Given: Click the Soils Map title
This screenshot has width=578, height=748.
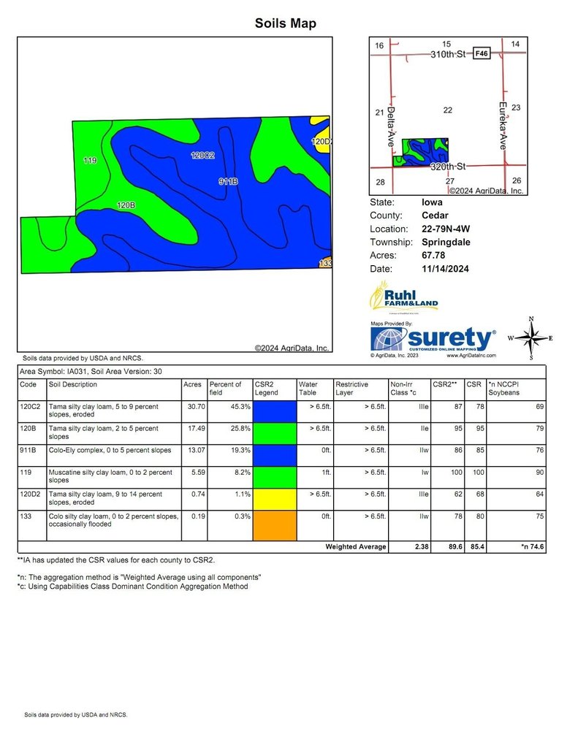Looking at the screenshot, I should click(x=285, y=23).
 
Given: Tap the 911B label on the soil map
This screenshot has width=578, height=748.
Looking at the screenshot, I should click(x=229, y=180).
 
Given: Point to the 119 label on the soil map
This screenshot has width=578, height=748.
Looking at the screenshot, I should click(x=91, y=160).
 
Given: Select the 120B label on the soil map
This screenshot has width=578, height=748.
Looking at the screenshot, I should click(x=126, y=206).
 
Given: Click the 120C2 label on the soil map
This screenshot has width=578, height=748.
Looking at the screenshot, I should click(x=202, y=156).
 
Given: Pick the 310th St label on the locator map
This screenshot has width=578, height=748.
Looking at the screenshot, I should click(x=448, y=54).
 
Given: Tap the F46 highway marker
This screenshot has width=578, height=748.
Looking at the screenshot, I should click(x=481, y=54).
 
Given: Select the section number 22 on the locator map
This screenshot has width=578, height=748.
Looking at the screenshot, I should click(x=448, y=110).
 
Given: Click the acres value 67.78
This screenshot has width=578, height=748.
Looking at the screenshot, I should click(x=435, y=256).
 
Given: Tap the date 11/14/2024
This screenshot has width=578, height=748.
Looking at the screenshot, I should click(x=445, y=269).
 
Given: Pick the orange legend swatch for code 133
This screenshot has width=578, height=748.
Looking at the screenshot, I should click(x=275, y=524).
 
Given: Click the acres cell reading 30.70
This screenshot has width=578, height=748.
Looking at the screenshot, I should click(x=192, y=405).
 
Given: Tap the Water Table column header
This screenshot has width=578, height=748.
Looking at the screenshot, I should click(x=308, y=389).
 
